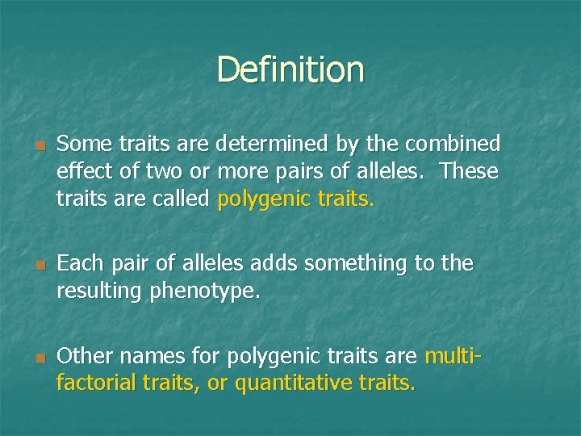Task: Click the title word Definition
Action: tap(290, 69)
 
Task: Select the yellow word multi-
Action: tap(453, 355)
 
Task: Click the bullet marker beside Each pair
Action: tap(38, 264)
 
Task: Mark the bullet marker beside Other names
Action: tap(38, 356)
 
